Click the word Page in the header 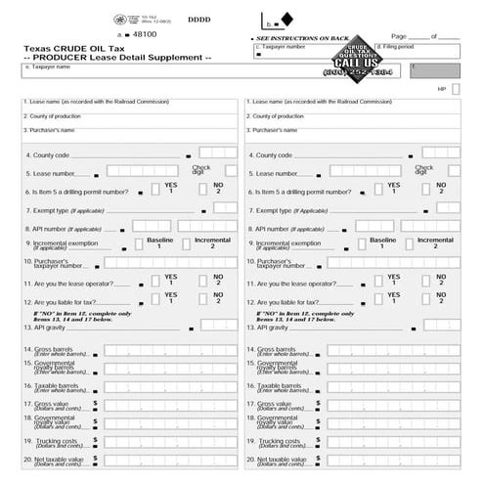coord(398,36)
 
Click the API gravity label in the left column coord(45,328)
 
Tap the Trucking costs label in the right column coord(278,442)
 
